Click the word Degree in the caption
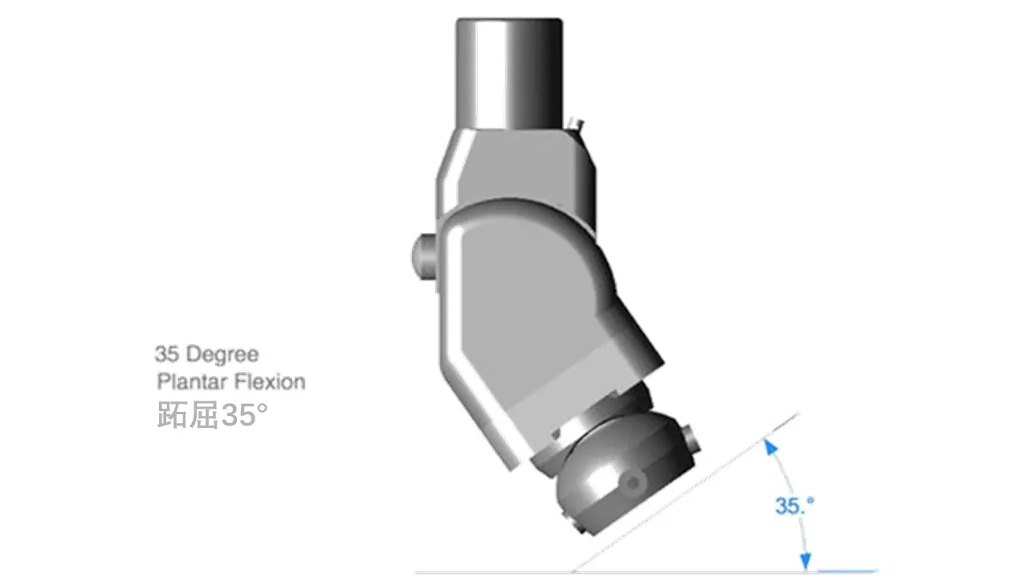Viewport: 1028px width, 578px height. pos(222,355)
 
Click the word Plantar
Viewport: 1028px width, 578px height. pos(191,381)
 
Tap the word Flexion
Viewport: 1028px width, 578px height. pos(269,381)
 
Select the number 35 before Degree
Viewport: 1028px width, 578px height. pos(166,354)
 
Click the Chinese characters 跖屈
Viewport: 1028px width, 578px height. pos(188,415)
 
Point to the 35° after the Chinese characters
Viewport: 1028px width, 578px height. pos(243,415)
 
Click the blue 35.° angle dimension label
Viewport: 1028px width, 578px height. pos(794,506)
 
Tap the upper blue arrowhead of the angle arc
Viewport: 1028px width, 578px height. pos(770,446)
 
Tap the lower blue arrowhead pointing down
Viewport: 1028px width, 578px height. pos(806,561)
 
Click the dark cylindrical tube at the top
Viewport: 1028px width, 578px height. pos(509,73)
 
